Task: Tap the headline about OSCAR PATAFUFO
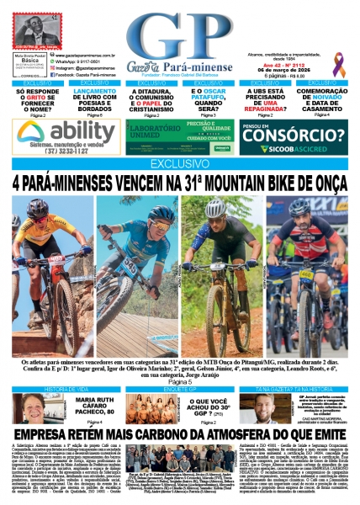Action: point(208,99)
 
